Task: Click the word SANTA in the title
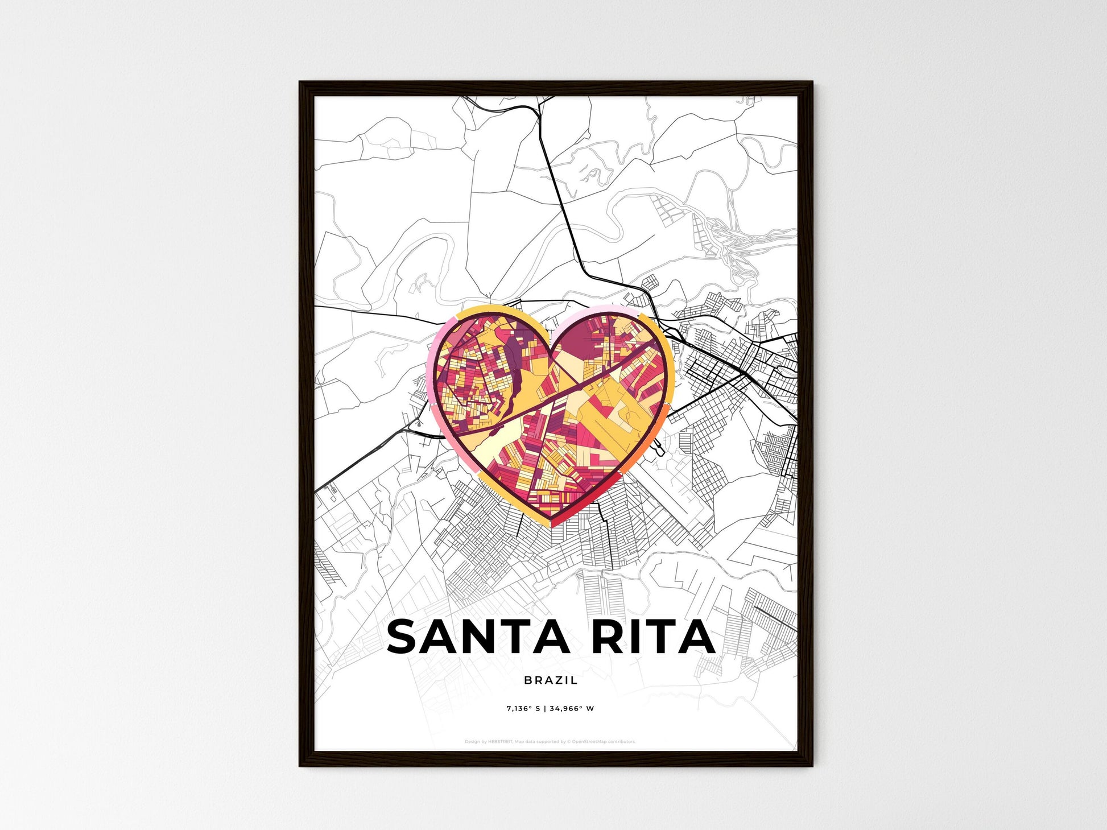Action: click(x=478, y=637)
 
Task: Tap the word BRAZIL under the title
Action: click(x=551, y=680)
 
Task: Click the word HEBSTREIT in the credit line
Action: click(x=500, y=742)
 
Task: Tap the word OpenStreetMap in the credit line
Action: click(x=588, y=742)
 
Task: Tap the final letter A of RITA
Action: click(x=697, y=637)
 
